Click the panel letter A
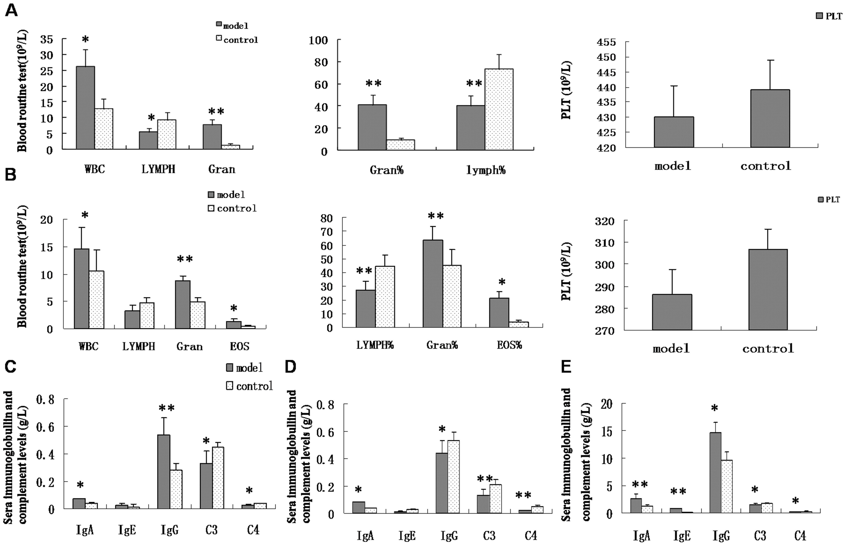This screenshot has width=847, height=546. coord(11,11)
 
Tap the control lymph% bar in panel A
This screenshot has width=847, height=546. coord(499,109)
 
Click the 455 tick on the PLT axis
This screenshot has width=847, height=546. coord(606,42)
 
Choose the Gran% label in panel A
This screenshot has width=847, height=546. coord(386,170)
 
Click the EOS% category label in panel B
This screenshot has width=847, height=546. coord(509,345)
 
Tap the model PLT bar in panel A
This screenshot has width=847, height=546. coord(674,132)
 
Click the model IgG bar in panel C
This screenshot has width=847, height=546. coord(164,472)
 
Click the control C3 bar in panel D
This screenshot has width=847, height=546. coord(495,499)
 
